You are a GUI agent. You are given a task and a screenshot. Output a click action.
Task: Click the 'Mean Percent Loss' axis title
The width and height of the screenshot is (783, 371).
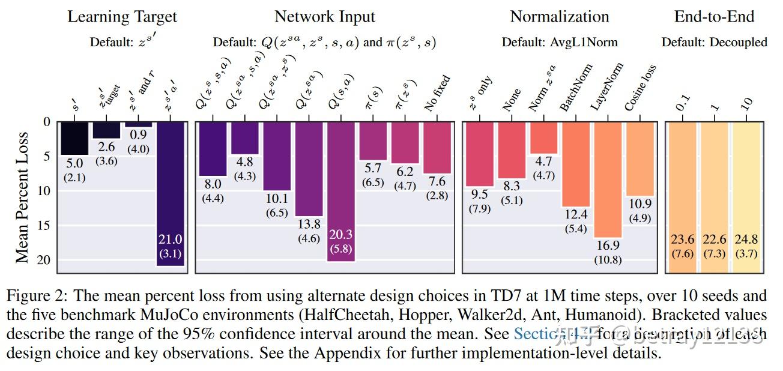click(22, 197)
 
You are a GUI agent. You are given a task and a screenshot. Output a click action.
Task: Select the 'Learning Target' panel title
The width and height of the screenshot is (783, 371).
click(122, 16)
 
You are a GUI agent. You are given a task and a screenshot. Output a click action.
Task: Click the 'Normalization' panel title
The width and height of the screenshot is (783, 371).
click(559, 16)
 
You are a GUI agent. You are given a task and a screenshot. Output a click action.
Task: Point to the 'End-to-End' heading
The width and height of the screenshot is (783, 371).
click(714, 16)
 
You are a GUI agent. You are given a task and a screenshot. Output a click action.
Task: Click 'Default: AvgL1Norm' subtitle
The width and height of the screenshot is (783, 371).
click(559, 42)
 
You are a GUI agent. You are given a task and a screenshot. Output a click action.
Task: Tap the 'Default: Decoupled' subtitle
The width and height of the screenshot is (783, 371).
click(714, 42)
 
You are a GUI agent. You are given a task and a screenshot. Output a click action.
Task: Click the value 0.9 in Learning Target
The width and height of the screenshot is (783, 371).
click(138, 135)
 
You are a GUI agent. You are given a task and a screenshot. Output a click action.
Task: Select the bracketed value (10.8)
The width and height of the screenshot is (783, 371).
click(609, 259)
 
